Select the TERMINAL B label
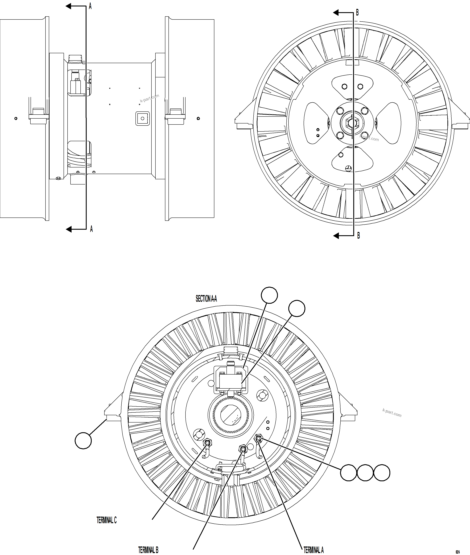coord(148,550)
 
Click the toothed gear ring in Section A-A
coord(231,415)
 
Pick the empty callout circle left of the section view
coord(83,441)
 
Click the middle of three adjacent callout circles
coord(365,473)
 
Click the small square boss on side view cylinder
coord(143,118)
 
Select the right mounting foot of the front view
coord(460,117)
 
